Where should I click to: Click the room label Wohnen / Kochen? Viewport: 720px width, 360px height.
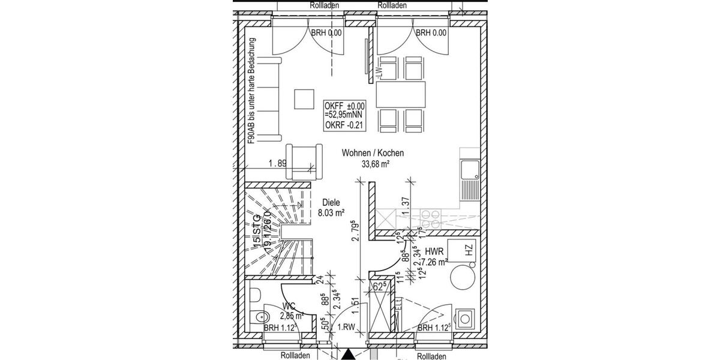[x=373, y=153]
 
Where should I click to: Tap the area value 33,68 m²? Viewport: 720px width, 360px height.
[x=374, y=164]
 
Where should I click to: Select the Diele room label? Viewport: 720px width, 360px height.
[x=330, y=202]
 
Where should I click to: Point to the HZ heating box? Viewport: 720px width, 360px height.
[x=469, y=248]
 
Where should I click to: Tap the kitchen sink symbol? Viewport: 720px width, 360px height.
[x=469, y=171]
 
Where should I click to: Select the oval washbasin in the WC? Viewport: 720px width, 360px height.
[x=260, y=317]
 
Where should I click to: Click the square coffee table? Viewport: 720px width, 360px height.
[x=304, y=99]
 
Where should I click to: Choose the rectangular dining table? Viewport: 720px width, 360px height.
[x=401, y=94]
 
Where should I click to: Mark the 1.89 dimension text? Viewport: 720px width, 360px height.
[x=277, y=163]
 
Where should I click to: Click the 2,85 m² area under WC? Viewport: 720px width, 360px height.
[x=290, y=315]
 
